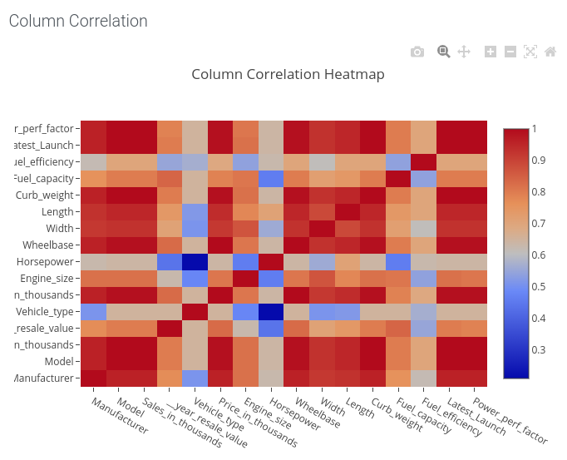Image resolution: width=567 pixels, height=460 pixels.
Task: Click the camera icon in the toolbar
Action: [417, 52]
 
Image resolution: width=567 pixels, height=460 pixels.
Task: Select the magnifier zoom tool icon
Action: [444, 52]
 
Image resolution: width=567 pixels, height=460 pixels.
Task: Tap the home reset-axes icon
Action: [550, 52]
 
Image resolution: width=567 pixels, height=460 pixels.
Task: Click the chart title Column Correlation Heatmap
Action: [288, 75]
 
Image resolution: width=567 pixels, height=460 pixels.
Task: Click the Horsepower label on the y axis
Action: [46, 262]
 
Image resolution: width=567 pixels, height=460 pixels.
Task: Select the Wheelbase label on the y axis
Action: [47, 245]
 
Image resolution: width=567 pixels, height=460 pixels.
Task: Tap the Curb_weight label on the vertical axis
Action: [46, 195]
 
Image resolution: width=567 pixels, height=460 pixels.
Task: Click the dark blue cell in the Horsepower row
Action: [195, 262]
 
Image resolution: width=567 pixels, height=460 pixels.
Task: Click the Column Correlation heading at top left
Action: [78, 22]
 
